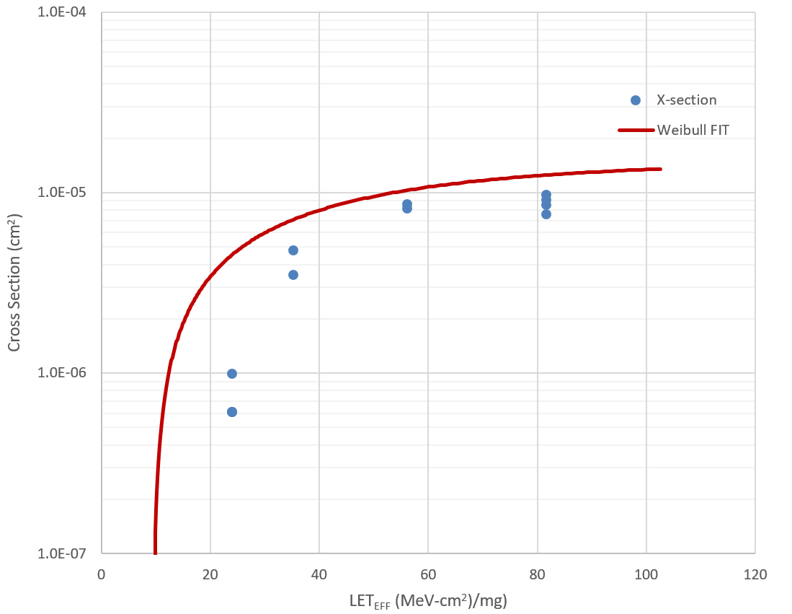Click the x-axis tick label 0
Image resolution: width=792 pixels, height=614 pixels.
(x=102, y=575)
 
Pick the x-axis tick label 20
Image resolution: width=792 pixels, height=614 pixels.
(x=210, y=575)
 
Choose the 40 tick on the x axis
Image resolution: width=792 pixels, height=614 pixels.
(x=319, y=575)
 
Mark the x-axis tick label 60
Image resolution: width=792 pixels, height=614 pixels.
(x=428, y=575)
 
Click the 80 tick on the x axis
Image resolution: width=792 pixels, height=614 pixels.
(x=538, y=575)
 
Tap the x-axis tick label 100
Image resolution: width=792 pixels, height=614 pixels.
(x=646, y=575)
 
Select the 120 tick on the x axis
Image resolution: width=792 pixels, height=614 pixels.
(x=755, y=575)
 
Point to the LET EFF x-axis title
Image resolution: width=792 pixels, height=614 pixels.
(x=428, y=600)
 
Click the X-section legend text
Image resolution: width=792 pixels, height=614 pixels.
(x=686, y=100)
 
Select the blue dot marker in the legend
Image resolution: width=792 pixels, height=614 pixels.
(x=636, y=100)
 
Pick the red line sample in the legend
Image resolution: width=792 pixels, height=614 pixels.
(x=636, y=131)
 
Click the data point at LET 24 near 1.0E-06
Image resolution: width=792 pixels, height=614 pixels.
(x=232, y=374)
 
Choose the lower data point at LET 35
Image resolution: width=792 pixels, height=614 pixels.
(x=293, y=275)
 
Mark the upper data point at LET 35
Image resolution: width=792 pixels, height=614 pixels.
(x=293, y=250)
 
